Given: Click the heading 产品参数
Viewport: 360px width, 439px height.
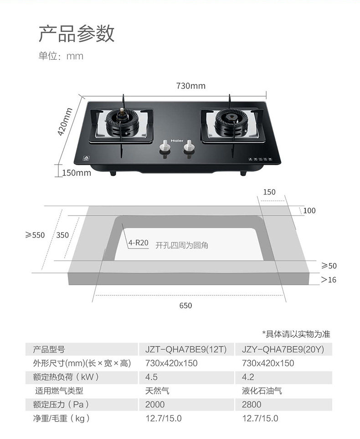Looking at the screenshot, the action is coord(76,34).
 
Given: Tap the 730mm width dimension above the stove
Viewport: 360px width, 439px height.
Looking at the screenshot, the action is coord(190,86).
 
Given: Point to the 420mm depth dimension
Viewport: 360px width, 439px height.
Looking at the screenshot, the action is coord(65,122).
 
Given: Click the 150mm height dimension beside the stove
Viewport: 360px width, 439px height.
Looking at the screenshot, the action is coord(77,173).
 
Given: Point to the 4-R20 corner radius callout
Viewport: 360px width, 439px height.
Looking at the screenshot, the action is coord(139,243).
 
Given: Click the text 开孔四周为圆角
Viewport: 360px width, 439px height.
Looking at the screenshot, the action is coord(182,245).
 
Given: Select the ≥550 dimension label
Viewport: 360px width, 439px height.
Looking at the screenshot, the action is coord(35,235).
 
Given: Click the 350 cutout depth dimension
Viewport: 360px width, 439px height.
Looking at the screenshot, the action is coord(62,235).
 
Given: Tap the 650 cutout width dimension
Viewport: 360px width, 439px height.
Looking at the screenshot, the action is coord(185,305).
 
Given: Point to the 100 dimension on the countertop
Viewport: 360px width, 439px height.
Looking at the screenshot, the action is coord(309,211).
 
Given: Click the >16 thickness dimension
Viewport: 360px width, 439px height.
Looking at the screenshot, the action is coord(329,279).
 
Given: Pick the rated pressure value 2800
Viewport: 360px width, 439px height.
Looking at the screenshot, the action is coord(252,404).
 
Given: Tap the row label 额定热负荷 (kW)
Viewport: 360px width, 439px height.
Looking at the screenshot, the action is coord(66,377).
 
